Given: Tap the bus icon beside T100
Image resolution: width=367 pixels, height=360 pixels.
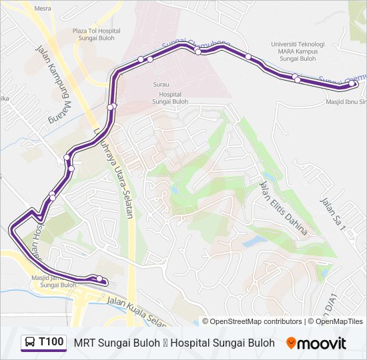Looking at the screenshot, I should point(30,343).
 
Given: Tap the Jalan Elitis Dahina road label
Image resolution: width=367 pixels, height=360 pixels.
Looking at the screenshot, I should point(284,207).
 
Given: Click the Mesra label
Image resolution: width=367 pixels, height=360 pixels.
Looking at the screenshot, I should point(42,9).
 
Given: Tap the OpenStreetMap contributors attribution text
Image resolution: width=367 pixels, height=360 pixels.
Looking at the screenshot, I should point(252,321).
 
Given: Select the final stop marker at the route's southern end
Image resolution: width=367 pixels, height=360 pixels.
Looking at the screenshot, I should point(99,279).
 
